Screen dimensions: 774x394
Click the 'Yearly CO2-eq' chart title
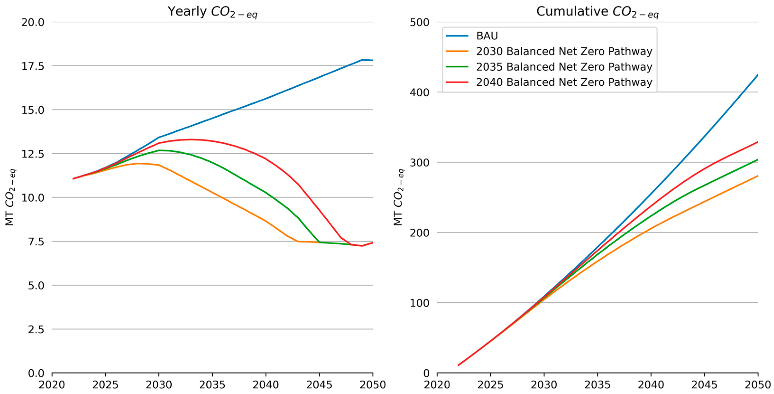point(212,12)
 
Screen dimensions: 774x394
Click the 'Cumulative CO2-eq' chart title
point(597,12)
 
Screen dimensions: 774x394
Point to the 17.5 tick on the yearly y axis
point(33,66)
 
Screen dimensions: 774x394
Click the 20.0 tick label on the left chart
point(33,22)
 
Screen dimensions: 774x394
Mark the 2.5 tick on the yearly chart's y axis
point(36,329)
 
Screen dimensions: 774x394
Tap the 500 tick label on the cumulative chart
point(419,22)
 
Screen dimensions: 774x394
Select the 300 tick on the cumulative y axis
point(419,163)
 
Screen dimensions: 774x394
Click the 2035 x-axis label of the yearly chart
point(212,385)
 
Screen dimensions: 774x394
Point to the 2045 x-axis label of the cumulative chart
point(705,385)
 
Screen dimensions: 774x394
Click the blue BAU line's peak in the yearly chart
point(362,60)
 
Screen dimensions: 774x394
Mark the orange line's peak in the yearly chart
point(138,164)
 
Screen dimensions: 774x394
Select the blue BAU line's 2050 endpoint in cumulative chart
point(758,74)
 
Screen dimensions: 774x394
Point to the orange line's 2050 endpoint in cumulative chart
point(758,176)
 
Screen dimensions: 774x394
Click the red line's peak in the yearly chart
point(191,139)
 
